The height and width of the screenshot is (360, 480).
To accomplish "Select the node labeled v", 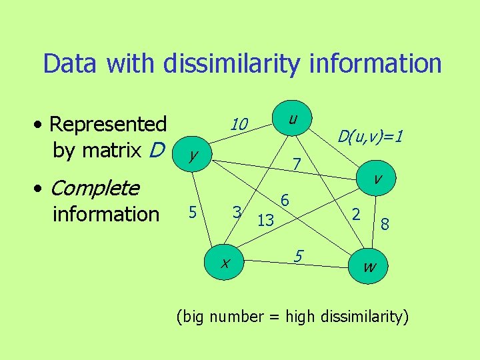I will click(377, 178).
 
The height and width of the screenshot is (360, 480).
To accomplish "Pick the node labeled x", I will click(225, 263).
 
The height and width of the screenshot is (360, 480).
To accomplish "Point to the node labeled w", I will click(369, 267).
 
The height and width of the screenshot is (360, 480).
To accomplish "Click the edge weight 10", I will click(239, 125).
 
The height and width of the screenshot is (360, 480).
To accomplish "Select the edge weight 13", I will click(265, 220).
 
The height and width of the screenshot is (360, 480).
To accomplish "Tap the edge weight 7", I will click(298, 164).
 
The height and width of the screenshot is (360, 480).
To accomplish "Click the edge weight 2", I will click(357, 214).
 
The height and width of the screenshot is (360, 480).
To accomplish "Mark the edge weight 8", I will click(385, 226).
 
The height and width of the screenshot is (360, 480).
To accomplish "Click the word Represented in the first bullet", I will click(108, 124).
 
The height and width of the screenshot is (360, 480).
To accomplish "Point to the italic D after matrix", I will click(156, 151).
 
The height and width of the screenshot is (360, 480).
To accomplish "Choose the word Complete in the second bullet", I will click(95, 189).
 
